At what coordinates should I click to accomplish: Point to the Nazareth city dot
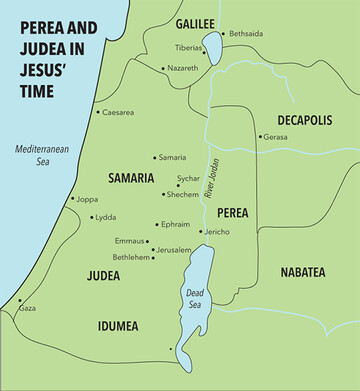(x=164, y=68)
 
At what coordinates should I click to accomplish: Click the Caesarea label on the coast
(x=119, y=112)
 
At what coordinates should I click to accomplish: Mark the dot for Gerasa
(x=260, y=137)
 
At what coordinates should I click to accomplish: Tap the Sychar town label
(x=188, y=178)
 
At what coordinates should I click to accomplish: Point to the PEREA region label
(x=234, y=212)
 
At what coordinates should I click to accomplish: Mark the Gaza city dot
(x=19, y=300)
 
